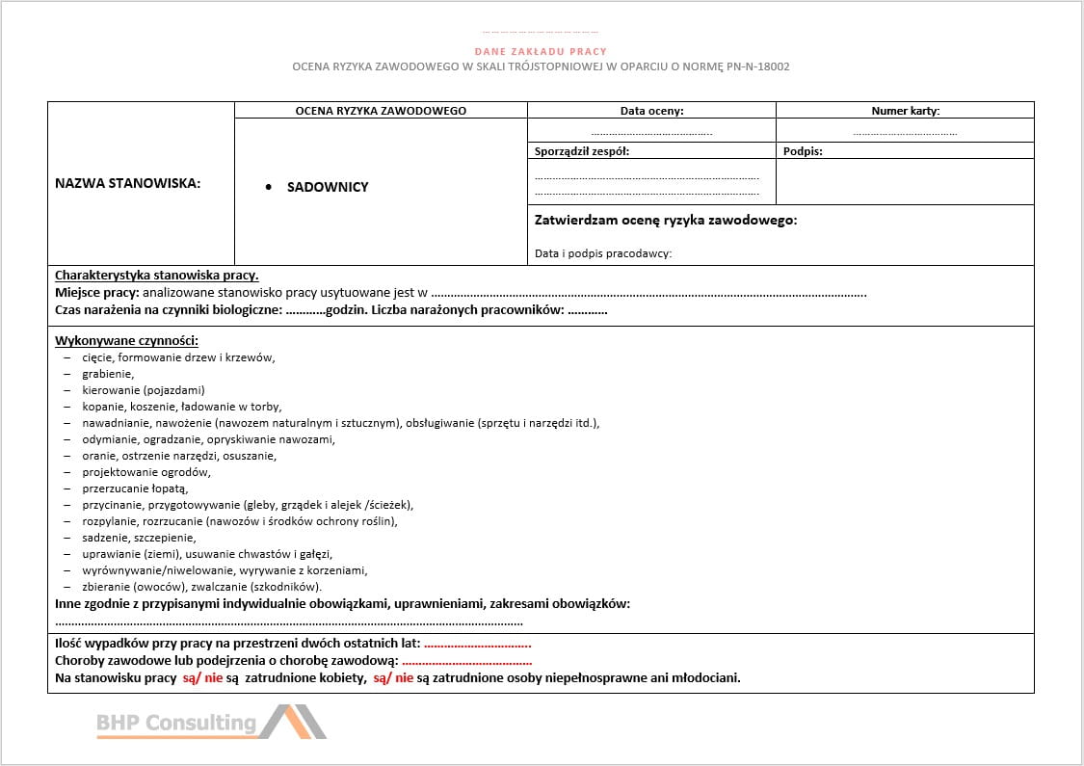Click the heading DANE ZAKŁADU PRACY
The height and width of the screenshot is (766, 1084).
click(x=541, y=51)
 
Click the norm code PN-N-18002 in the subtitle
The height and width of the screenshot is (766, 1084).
click(x=756, y=66)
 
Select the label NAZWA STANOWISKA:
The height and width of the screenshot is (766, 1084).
click(x=128, y=183)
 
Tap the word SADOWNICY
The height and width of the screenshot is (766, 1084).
click(x=328, y=187)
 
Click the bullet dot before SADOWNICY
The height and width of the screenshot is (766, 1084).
click(x=269, y=187)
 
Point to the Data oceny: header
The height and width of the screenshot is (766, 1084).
click(x=651, y=111)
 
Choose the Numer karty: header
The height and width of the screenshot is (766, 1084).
click(x=905, y=111)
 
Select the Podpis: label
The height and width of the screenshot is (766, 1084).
click(x=803, y=151)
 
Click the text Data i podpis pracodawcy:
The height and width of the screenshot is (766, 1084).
click(x=603, y=253)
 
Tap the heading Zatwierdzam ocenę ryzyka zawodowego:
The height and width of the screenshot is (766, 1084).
click(x=666, y=221)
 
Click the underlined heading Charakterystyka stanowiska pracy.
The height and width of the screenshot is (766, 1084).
click(x=156, y=275)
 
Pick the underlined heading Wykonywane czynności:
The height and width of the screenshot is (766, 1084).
click(x=126, y=341)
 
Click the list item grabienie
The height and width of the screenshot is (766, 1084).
click(x=108, y=374)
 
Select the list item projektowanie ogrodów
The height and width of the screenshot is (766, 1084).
click(x=146, y=472)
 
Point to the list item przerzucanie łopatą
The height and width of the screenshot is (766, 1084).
click(x=135, y=489)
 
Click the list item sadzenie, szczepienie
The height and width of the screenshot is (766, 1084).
click(x=139, y=538)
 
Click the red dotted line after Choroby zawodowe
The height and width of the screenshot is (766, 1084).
click(x=466, y=661)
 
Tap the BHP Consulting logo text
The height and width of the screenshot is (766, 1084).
click(x=176, y=723)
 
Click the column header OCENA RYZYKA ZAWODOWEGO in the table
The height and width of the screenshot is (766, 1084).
click(x=381, y=111)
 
